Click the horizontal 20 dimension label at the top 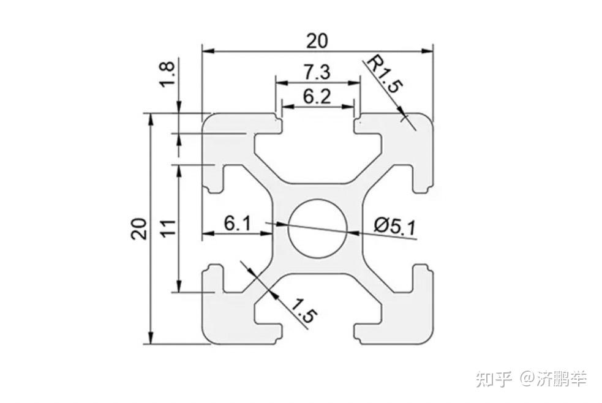tap(317, 40)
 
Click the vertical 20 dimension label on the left tap(138, 228)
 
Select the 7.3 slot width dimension tap(317, 72)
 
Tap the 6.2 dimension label tap(317, 96)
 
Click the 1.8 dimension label tap(168, 75)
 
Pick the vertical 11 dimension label tap(168, 228)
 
